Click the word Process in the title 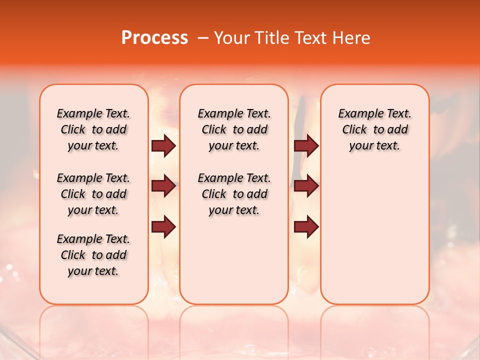(x=154, y=38)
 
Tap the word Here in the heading (x=352, y=38)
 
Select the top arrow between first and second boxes (x=163, y=146)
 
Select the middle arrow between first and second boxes (x=163, y=186)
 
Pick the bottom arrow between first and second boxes (x=163, y=227)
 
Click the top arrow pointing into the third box (x=306, y=146)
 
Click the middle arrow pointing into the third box (x=306, y=186)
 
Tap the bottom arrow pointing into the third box (x=306, y=227)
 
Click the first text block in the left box (x=93, y=129)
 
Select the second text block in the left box (x=93, y=194)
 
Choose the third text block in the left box (x=93, y=255)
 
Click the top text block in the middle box (x=234, y=129)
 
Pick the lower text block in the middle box (x=234, y=194)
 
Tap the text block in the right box (x=374, y=129)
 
